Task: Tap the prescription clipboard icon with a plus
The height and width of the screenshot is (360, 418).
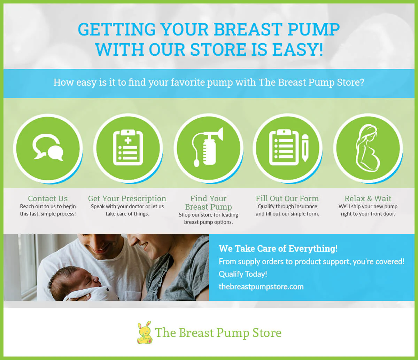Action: click(128, 147)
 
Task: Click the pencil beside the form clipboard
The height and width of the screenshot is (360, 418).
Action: click(305, 148)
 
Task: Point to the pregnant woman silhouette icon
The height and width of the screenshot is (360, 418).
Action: click(367, 148)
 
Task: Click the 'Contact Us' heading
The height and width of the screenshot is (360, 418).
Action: click(48, 198)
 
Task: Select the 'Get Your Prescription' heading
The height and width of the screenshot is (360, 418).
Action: click(127, 198)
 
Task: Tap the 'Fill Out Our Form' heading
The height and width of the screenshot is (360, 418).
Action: click(287, 198)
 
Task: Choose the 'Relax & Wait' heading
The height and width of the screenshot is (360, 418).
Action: click(368, 198)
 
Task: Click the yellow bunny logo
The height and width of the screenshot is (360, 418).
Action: click(145, 332)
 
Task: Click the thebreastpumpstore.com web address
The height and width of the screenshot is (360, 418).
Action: click(261, 287)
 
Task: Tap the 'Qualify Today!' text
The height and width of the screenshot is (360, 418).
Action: click(243, 274)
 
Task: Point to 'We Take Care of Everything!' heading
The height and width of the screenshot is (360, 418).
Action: click(278, 249)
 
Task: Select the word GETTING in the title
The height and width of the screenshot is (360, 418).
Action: click(117, 29)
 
